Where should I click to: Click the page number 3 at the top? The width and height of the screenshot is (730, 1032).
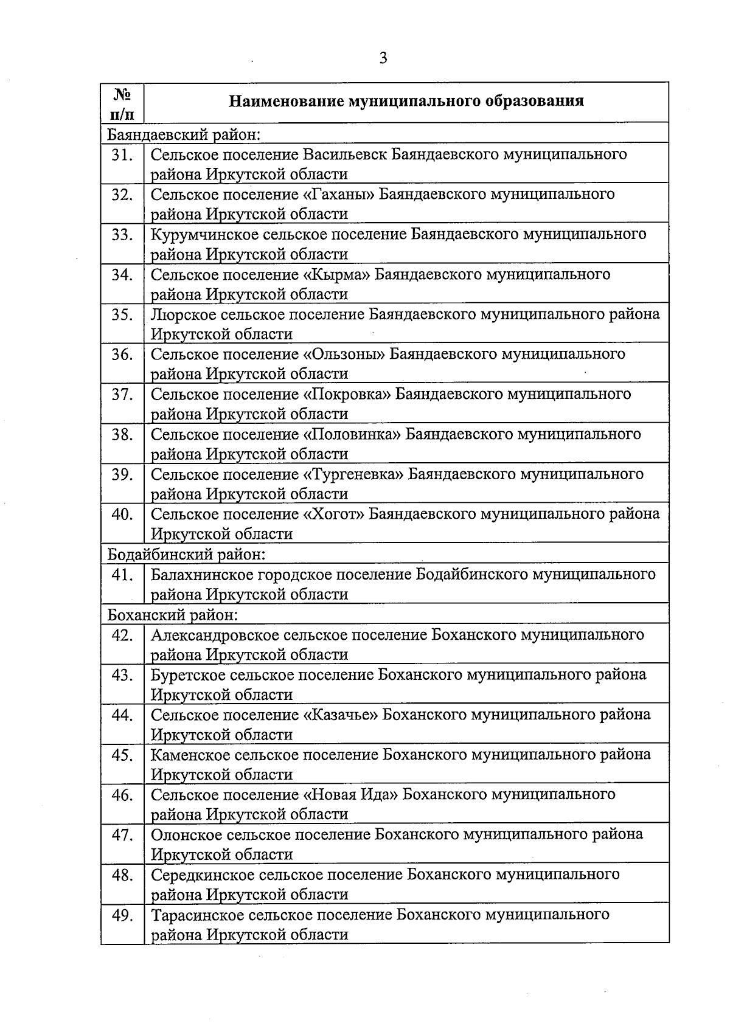coord(383,58)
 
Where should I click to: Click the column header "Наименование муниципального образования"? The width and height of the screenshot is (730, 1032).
coord(406,101)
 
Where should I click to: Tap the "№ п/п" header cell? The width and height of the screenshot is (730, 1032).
coord(122,103)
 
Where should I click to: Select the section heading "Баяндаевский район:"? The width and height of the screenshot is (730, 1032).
coord(184,134)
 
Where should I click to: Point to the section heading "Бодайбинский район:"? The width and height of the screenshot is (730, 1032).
coord(186,555)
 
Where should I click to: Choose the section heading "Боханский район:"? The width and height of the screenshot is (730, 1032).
coord(172,615)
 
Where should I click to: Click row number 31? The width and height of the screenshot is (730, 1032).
coord(122,155)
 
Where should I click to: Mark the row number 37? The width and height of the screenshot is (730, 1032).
coord(122,395)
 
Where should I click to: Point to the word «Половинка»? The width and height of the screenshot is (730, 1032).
coord(352,435)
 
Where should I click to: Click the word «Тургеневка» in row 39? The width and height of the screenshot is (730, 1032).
coord(353,475)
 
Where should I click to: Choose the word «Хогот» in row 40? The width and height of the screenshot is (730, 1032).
coord(333,514)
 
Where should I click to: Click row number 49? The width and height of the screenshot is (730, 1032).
coord(122,915)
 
